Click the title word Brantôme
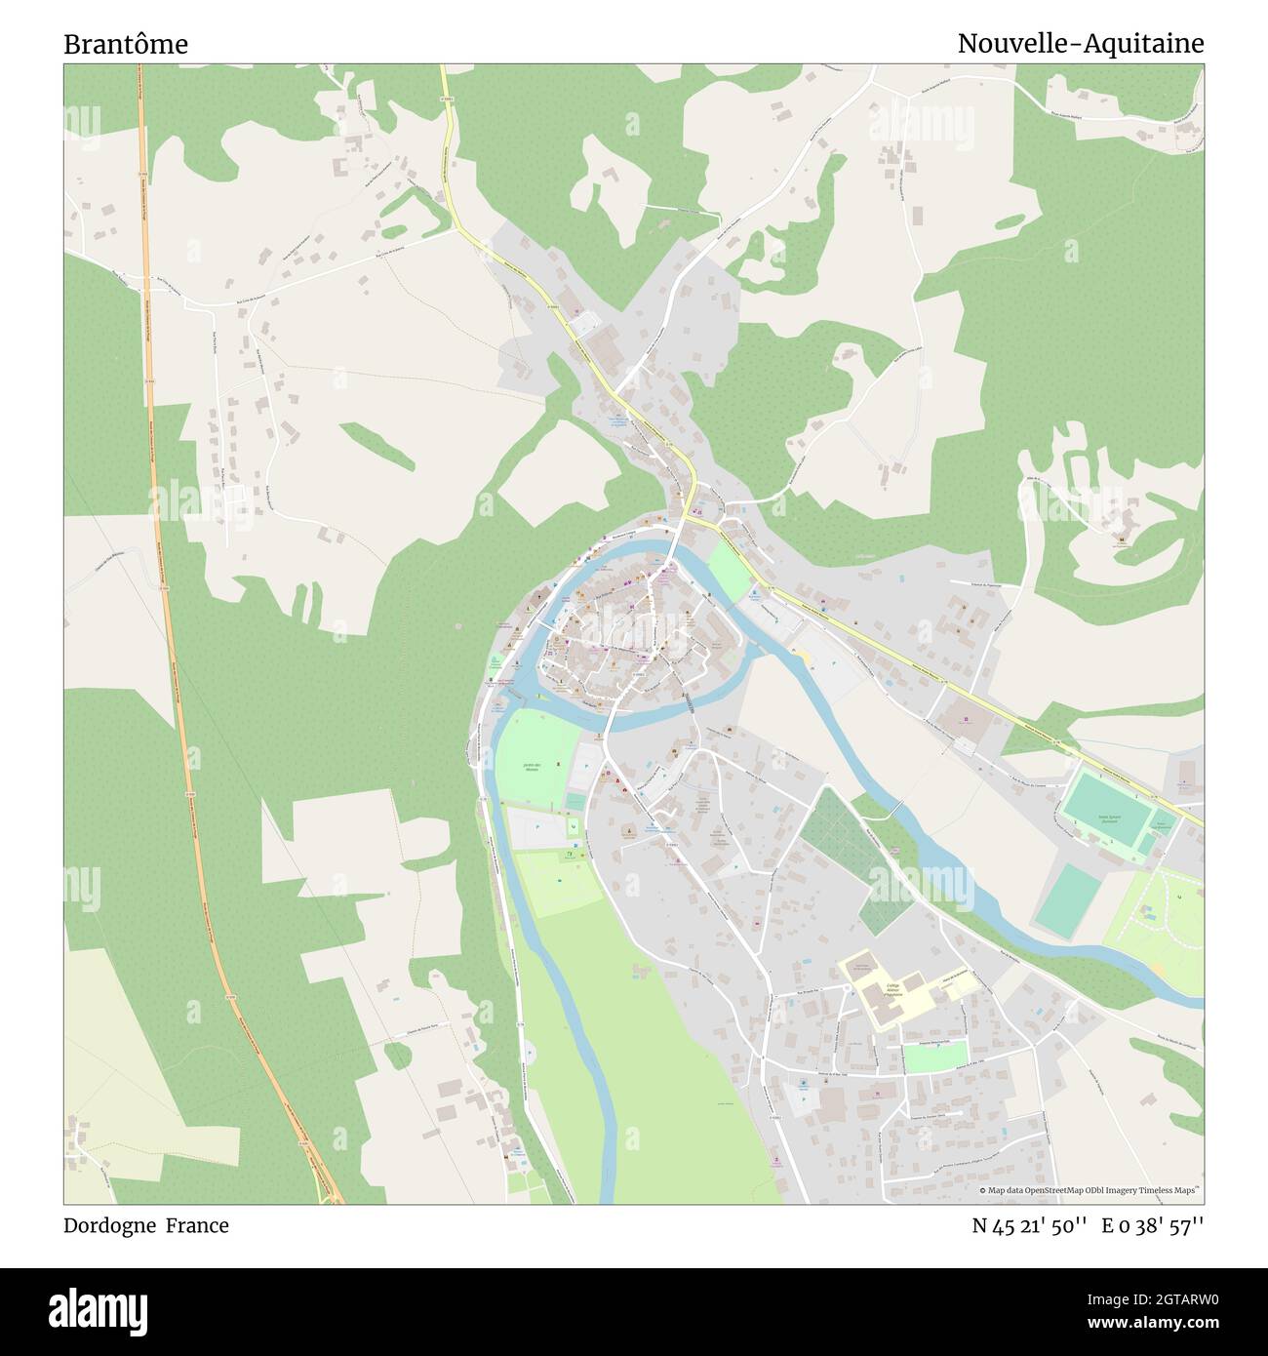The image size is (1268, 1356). coord(126,44)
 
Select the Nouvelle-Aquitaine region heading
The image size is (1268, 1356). coord(1080,44)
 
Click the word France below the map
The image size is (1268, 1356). coord(197,1225)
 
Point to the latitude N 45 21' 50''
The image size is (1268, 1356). coord(1029,1225)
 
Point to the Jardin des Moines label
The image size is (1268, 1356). coord(531,766)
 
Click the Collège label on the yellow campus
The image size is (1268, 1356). coord(892,988)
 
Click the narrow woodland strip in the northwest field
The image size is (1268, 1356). coord(381,445)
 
